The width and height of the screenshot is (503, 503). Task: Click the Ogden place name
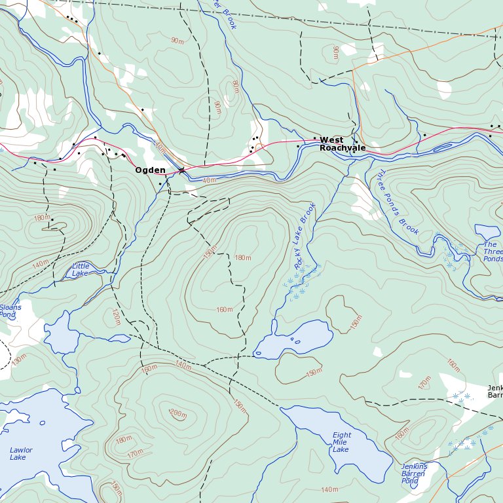pyautogui.click(x=150, y=170)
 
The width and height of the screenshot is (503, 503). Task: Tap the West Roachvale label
pyautogui.click(x=342, y=144)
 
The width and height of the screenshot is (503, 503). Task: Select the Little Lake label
pyautogui.click(x=81, y=269)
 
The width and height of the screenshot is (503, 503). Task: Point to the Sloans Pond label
pyautogui.click(x=10, y=311)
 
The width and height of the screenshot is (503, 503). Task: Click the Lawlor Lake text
pyautogui.click(x=21, y=453)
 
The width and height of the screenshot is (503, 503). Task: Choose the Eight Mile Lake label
pyautogui.click(x=341, y=442)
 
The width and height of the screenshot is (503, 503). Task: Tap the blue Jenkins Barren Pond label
pyautogui.click(x=414, y=474)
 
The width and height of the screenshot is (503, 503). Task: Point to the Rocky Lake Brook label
pyautogui.click(x=305, y=236)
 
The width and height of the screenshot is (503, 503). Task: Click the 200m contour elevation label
pyautogui.click(x=177, y=413)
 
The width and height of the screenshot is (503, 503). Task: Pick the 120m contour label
pyautogui.click(x=116, y=317)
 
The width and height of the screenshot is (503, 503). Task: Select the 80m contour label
pyautogui.click(x=235, y=86)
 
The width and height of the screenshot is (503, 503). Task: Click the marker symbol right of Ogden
pyautogui.click(x=181, y=170)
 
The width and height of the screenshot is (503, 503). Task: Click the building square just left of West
pyautogui.click(x=314, y=138)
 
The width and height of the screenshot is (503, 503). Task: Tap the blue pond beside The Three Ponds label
pyautogui.click(x=487, y=232)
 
